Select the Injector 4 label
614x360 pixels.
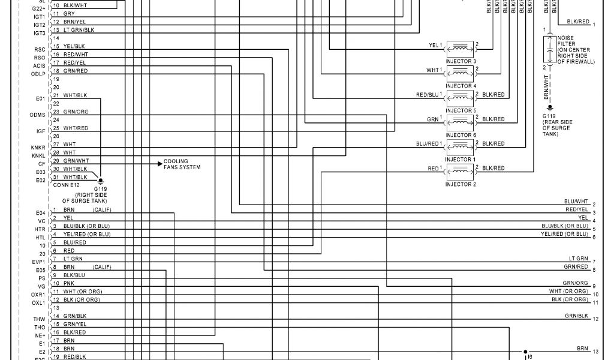point(460,86)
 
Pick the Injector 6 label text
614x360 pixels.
point(460,135)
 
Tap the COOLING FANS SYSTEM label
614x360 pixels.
point(182,164)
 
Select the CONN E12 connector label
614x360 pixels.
point(66,185)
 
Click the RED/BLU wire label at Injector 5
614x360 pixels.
point(428,95)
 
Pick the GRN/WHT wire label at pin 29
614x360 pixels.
point(76,161)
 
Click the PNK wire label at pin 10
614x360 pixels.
point(68,283)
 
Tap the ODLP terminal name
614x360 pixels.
point(39,74)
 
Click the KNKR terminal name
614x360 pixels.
point(39,147)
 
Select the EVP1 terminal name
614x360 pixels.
point(39,262)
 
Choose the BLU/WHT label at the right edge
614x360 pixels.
point(576,201)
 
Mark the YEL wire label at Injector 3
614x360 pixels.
point(434,46)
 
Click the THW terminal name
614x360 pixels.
point(40,319)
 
